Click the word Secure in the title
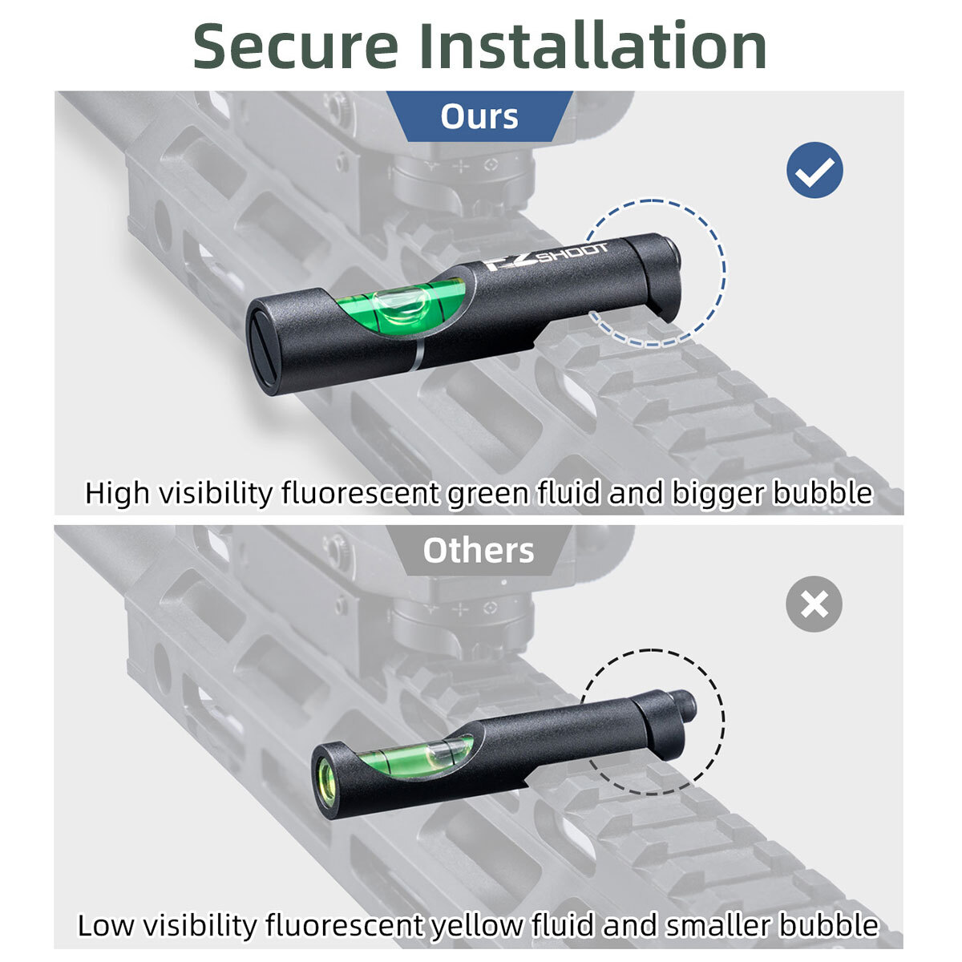point(296,46)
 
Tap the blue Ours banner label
point(479,116)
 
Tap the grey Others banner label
point(479,550)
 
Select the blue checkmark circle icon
point(814,170)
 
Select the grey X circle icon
point(814,604)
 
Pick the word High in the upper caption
point(117,494)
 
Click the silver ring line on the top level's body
point(418,355)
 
